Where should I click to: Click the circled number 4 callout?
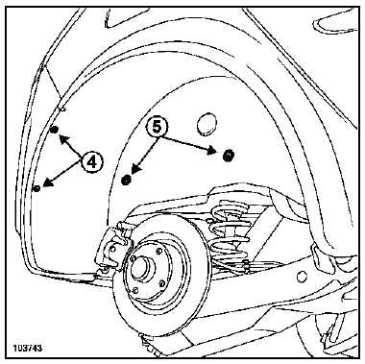[x=91, y=162]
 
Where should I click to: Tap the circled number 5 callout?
[x=157, y=128]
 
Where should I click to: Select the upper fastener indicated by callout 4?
[x=55, y=130]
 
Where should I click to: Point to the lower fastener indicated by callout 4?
[x=37, y=188]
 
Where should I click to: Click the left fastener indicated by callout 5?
[x=127, y=180]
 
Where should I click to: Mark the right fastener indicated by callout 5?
[x=229, y=156]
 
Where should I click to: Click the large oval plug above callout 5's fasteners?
[x=206, y=123]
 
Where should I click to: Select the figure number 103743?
[x=28, y=348]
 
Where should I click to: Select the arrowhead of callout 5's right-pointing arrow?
[x=212, y=150]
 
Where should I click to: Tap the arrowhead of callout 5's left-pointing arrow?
[x=136, y=170]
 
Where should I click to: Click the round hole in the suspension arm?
[x=302, y=277]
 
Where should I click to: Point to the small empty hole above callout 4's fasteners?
[x=62, y=109]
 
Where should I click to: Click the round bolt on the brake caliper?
[x=112, y=248]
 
